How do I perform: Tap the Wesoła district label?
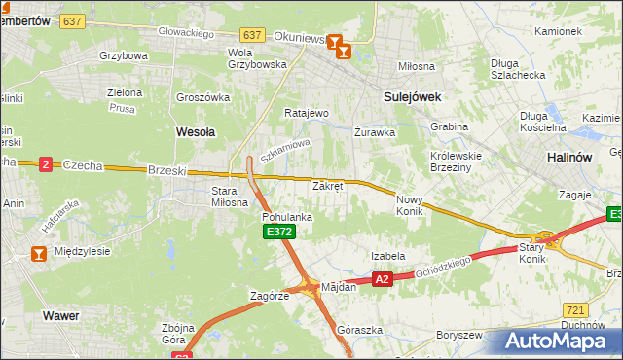coord(195,129)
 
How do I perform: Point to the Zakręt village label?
coord(327,185)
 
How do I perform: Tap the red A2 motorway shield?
coord(382,279)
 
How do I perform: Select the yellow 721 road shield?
coord(575,308)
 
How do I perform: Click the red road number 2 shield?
coord(45,164)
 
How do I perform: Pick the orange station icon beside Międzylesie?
coord(38,254)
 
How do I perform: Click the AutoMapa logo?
coord(557,341)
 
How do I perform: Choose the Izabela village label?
coord(387,256)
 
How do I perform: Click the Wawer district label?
coord(60,315)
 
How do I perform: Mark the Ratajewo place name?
coord(307,113)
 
